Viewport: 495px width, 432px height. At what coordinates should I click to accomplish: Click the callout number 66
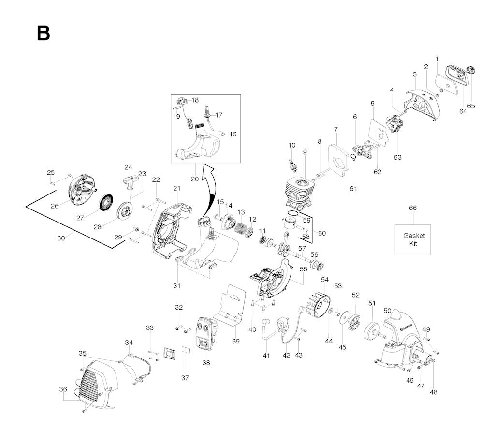pos(412,208)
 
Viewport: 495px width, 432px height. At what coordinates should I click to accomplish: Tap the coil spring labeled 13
pos(240,226)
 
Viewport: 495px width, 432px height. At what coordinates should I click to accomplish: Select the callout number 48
pos(433,392)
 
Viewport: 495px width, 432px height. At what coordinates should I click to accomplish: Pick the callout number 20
pos(194,179)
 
